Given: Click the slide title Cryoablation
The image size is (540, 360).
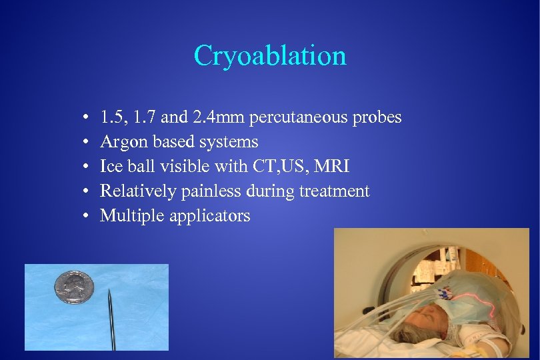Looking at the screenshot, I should (x=270, y=55).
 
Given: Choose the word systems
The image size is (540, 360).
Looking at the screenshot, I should (x=228, y=143).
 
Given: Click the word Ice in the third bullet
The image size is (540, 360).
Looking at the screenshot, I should (x=111, y=167).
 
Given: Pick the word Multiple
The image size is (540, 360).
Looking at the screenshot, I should (x=130, y=216).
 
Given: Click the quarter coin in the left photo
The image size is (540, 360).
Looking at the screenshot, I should (x=73, y=287).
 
